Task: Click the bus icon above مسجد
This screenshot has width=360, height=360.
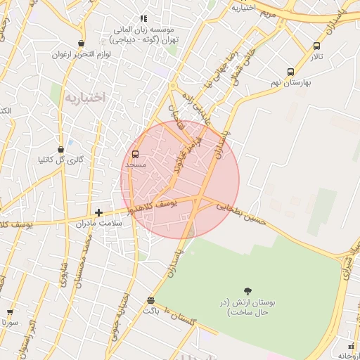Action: (135, 154)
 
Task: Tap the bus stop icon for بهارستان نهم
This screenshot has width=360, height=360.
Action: (290, 72)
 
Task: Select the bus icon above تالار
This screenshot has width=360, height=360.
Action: (316, 46)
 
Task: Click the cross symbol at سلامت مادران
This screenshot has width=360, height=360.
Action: (98, 212)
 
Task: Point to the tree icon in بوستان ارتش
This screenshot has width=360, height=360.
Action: (247, 291)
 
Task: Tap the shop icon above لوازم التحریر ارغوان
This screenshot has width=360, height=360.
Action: (82, 44)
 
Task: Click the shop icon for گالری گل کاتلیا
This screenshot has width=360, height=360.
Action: (61, 149)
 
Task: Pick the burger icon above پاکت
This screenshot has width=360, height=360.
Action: (151, 300)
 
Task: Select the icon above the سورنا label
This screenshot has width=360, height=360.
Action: (10, 312)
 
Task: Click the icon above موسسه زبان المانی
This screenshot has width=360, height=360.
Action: (143, 19)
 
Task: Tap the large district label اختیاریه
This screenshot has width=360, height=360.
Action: (84, 98)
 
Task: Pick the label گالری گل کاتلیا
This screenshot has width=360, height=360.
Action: (60, 160)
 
